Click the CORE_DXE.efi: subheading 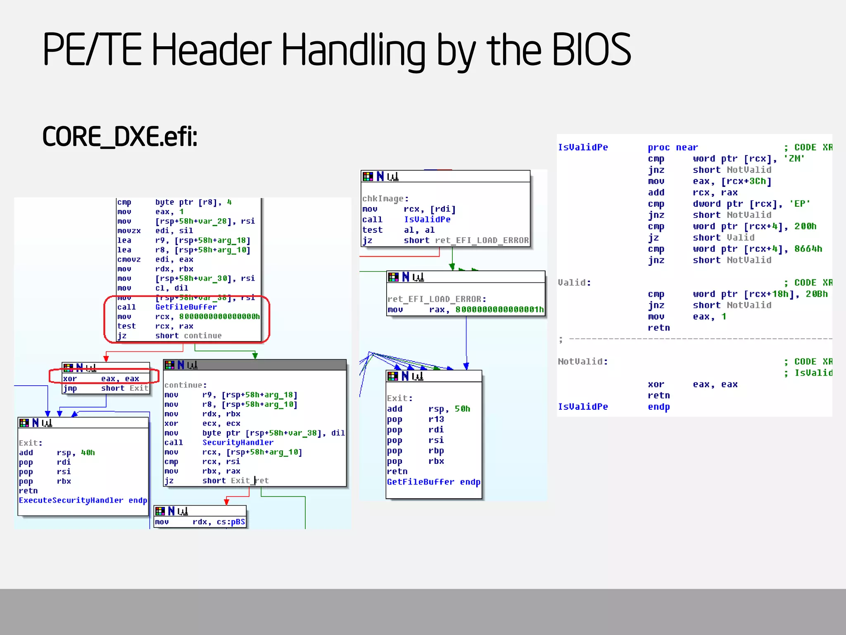pos(120,137)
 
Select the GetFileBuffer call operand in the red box pos(186,307)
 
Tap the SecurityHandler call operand pos(238,442)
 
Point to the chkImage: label pos(385,199)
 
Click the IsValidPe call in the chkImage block pos(427,220)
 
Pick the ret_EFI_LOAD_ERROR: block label pos(437,299)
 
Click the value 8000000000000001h pos(499,310)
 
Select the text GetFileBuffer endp pos(433,482)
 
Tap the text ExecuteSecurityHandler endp pos(83,500)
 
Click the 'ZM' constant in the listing pos(794,159)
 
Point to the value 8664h pos(808,249)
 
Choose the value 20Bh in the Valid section pos(816,294)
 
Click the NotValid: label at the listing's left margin pos(582,362)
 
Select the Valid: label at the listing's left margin pos(574,283)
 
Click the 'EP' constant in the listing pos(799,204)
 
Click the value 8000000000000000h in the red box pos(219,317)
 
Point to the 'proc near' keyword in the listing pos(673,148)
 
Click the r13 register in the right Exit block pos(436,419)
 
